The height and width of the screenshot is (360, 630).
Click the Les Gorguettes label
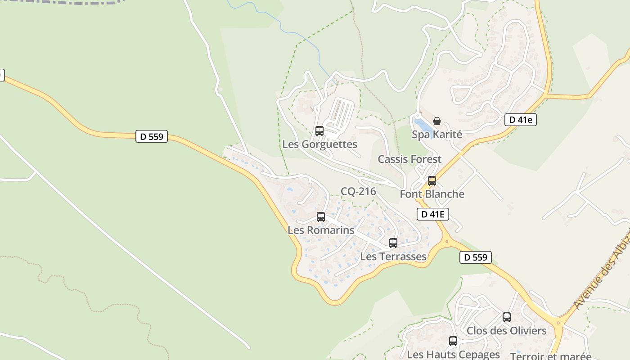coord(319,144)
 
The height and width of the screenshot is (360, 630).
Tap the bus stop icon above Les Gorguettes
coord(319,131)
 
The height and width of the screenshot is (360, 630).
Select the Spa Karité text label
coord(437,135)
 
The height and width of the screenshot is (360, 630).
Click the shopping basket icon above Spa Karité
coord(436,121)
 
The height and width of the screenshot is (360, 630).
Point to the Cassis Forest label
coord(409,159)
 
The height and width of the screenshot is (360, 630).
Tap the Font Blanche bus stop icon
coord(432,181)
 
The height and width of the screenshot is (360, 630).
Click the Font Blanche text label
coord(432,194)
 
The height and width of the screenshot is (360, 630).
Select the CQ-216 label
coord(358,192)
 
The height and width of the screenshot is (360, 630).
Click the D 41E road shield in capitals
coord(433,214)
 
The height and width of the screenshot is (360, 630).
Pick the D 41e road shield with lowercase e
coord(521,120)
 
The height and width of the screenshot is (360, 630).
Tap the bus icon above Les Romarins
coord(321,217)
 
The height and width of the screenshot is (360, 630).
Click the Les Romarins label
coord(321,230)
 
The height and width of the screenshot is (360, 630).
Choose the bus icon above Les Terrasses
coord(393,243)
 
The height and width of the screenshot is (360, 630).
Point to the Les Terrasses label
coord(393,257)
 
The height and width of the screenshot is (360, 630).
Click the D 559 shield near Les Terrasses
coord(476,257)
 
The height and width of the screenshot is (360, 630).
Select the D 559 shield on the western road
coord(152,136)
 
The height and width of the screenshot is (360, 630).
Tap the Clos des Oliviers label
coord(506,331)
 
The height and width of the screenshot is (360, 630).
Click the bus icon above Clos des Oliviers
coord(507,317)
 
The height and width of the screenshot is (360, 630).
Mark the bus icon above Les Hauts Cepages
coord(453,341)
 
